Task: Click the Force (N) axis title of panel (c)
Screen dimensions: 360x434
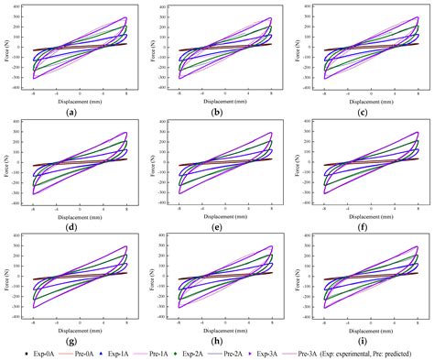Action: [298, 48]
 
